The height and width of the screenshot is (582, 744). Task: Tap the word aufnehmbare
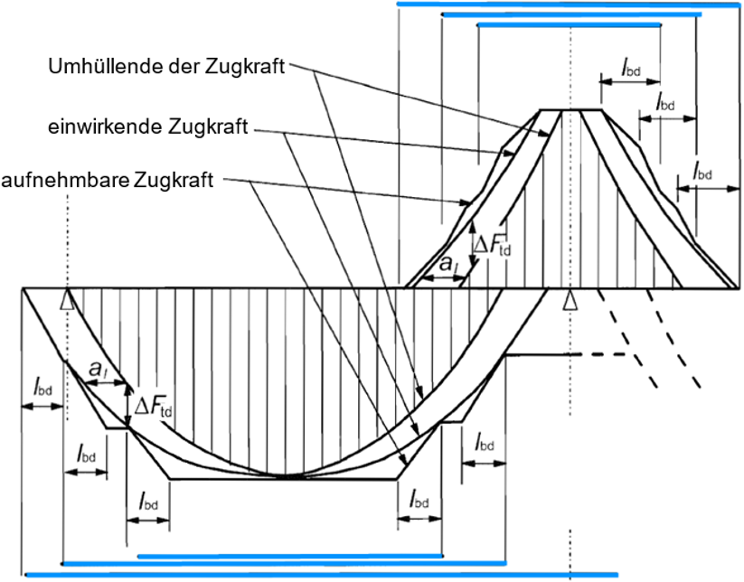pyautogui.click(x=67, y=180)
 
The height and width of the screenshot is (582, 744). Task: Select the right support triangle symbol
pyautogui.click(x=569, y=300)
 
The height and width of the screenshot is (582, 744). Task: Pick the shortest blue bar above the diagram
pyautogui.click(x=570, y=25)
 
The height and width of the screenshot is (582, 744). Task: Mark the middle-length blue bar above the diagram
pyautogui.click(x=586, y=14)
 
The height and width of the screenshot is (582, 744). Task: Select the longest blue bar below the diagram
pyautogui.click(x=321, y=574)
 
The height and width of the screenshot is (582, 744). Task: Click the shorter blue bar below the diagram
pyautogui.click(x=289, y=556)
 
